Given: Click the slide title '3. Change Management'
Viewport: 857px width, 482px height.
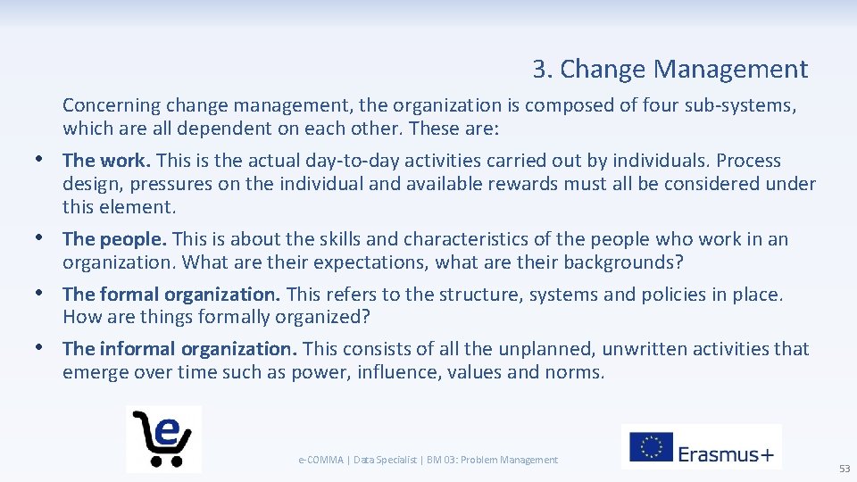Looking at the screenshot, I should (670, 70).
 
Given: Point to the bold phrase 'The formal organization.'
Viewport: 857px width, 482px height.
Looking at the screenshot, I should (171, 295).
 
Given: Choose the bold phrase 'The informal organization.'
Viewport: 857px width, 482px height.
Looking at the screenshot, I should (181, 349).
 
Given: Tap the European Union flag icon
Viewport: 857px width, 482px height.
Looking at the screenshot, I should (651, 446).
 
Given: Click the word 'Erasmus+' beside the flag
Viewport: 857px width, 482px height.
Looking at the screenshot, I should (726, 453).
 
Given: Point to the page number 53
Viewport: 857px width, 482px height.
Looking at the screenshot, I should (844, 469).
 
